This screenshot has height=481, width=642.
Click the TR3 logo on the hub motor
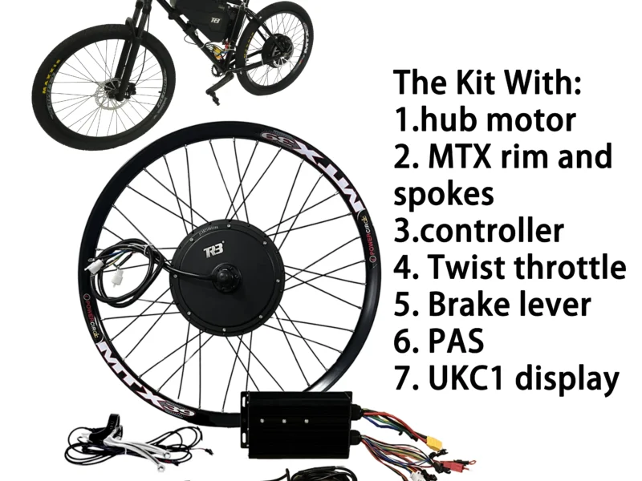214,250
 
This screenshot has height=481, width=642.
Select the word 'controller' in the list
491,231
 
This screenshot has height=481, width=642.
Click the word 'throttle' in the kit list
570,267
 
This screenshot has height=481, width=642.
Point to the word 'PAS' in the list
455,341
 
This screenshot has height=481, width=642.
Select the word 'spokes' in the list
444,195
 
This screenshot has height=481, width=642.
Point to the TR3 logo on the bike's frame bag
216,20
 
